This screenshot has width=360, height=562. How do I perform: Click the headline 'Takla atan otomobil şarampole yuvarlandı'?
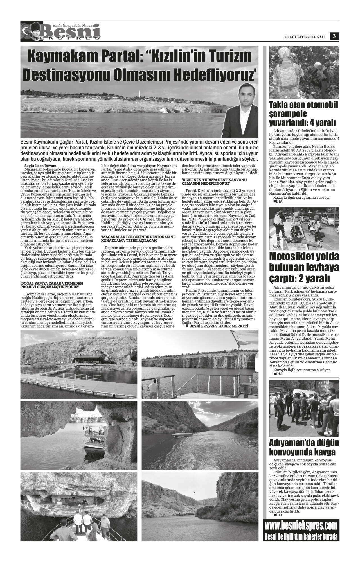303,114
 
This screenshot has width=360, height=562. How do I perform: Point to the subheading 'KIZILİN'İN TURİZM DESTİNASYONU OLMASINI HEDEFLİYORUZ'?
214,181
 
